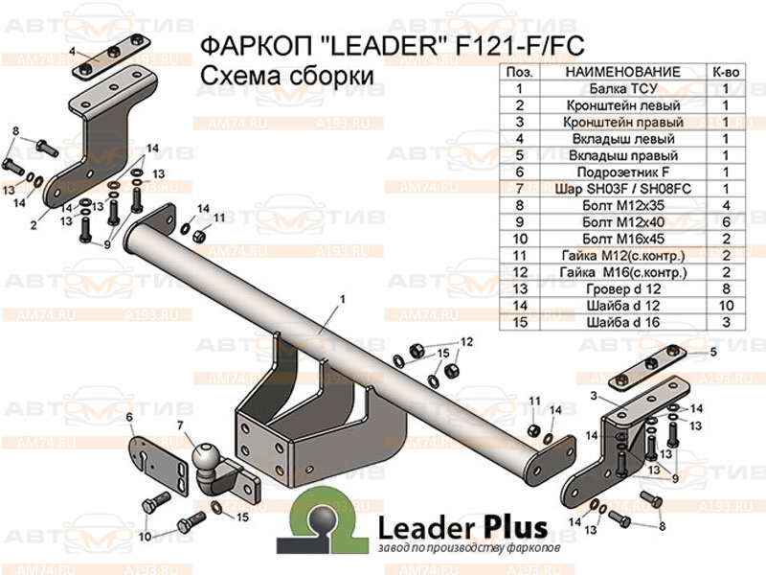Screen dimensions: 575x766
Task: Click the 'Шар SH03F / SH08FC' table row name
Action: click(622, 189)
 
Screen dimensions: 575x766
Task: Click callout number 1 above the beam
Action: click(339, 300)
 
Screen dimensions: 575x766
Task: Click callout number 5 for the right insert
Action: click(712, 354)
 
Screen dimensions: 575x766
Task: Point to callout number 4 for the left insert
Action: click(73, 50)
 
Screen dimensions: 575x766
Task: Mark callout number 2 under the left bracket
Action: click(59, 226)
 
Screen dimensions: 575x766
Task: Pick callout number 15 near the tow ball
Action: click(242, 517)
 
